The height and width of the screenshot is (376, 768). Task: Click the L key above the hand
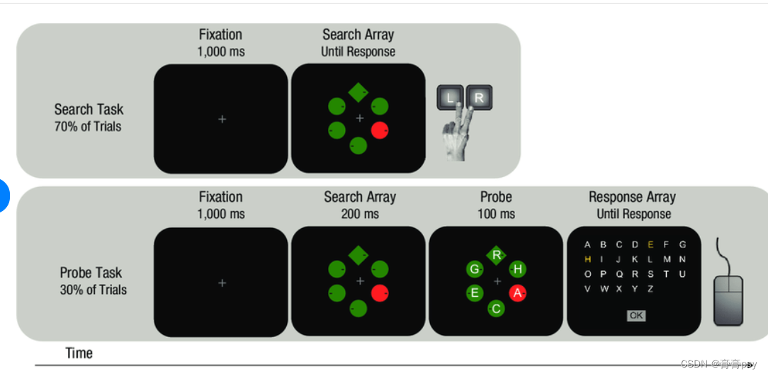click(x=450, y=98)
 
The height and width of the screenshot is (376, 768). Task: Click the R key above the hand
click(x=478, y=98)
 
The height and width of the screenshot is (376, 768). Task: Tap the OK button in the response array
click(x=636, y=315)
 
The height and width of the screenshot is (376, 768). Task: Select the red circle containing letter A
click(x=517, y=292)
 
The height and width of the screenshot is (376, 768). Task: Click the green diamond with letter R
click(x=497, y=255)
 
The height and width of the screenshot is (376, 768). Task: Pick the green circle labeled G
click(x=475, y=269)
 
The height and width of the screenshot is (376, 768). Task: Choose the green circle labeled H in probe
click(x=518, y=269)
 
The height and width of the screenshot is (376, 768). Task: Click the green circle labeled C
click(x=497, y=308)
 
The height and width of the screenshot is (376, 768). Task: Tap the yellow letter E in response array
click(x=650, y=245)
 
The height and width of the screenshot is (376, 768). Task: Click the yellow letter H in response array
click(x=587, y=259)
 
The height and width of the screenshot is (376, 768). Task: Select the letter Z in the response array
click(x=650, y=288)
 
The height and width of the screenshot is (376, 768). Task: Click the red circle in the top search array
click(x=380, y=130)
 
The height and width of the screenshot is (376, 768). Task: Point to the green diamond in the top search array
click(x=358, y=92)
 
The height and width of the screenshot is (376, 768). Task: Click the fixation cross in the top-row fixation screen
click(x=222, y=120)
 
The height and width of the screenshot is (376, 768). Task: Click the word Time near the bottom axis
click(x=79, y=353)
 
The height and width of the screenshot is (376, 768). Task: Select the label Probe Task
click(x=91, y=273)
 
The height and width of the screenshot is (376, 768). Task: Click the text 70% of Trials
click(x=88, y=127)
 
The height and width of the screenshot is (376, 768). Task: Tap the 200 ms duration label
click(x=360, y=214)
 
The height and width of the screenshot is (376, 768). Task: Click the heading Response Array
click(x=632, y=197)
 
